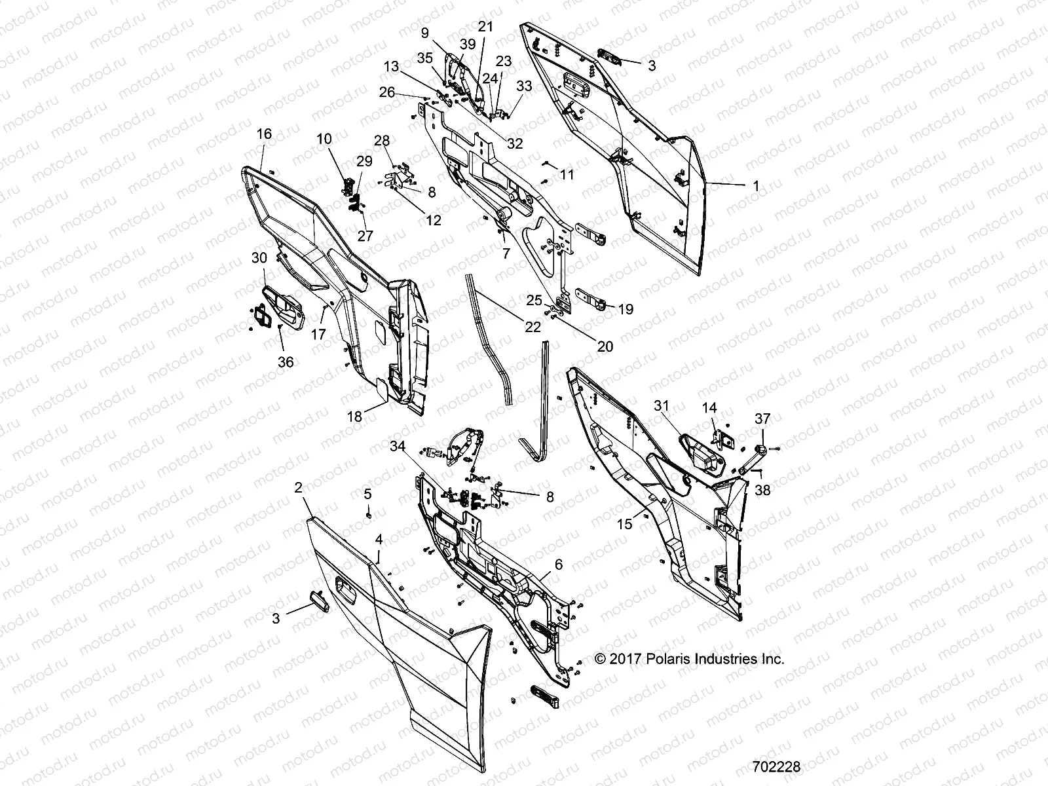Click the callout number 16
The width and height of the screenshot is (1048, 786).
pyautogui.click(x=263, y=134)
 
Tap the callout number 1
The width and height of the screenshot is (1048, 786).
pyautogui.click(x=756, y=185)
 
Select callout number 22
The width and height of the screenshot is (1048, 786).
pyautogui.click(x=533, y=326)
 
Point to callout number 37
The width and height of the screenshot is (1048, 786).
pyautogui.click(x=762, y=418)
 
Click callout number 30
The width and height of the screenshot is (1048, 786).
pyautogui.click(x=259, y=258)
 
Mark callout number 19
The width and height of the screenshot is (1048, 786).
pyautogui.click(x=626, y=309)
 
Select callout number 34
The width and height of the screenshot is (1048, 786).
pyautogui.click(x=398, y=447)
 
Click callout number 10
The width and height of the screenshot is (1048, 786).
pyautogui.click(x=324, y=139)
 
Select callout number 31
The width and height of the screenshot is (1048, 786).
pyautogui.click(x=661, y=406)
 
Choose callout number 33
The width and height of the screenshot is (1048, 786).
pyautogui.click(x=524, y=86)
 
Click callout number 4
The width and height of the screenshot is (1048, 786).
pyautogui.click(x=379, y=540)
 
